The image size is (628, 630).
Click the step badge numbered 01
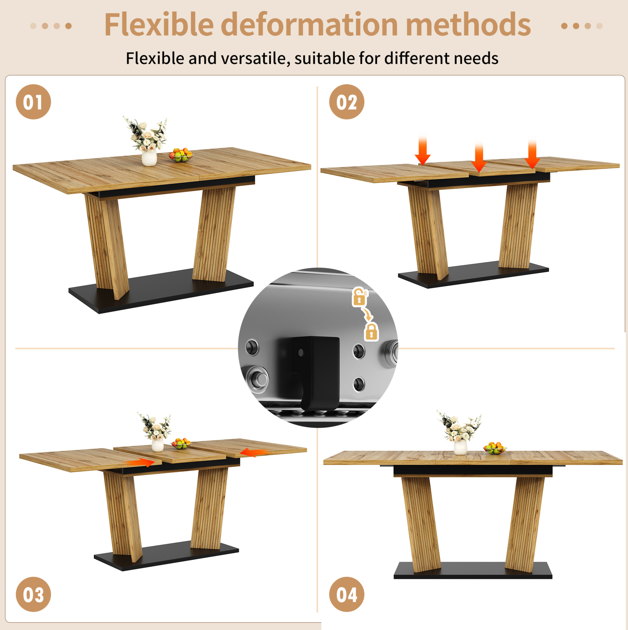[33, 102]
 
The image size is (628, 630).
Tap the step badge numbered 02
[347, 102]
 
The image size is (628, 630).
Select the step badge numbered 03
[33, 594]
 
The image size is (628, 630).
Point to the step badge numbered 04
[347, 594]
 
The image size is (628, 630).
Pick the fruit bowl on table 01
[180, 155]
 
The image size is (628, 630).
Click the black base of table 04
[473, 571]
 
